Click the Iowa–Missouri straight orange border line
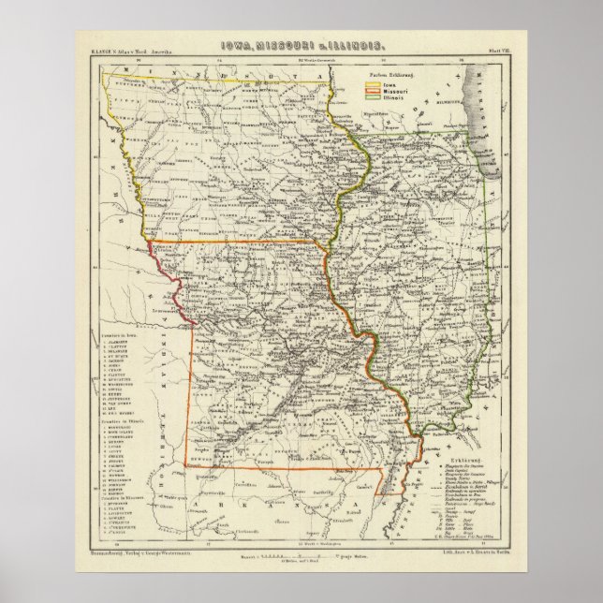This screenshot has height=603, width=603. click(x=234, y=245)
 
